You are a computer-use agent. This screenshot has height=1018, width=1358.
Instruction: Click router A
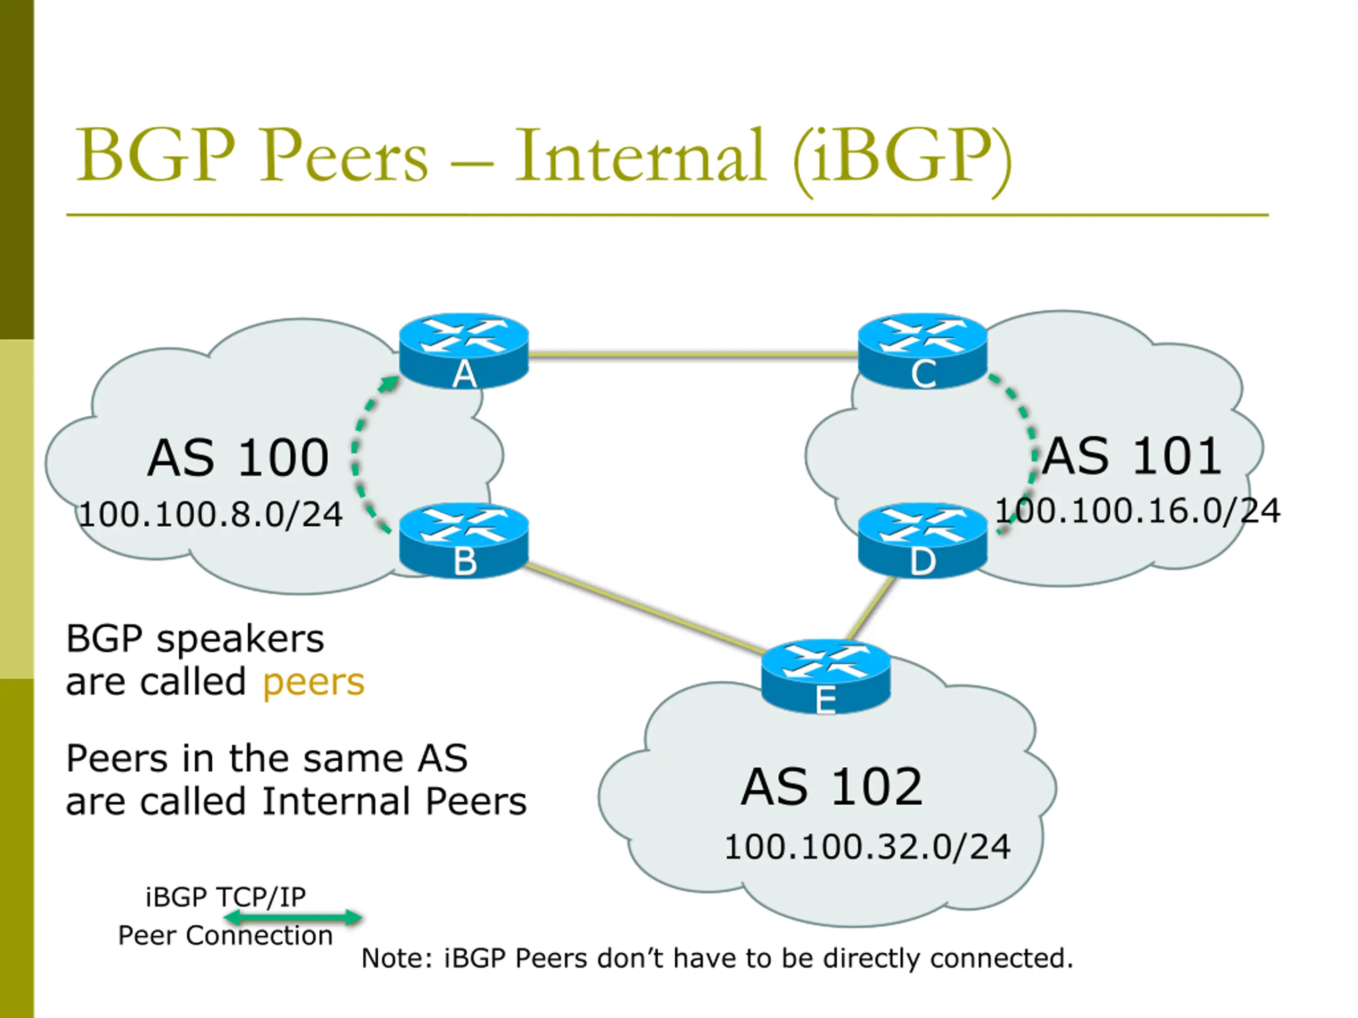tap(464, 351)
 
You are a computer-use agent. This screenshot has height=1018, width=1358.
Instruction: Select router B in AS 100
tap(464, 540)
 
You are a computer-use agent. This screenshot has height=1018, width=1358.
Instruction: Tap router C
tap(922, 351)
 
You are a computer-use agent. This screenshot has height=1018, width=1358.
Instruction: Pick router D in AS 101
tap(922, 540)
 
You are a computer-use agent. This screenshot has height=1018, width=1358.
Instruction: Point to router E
tap(826, 677)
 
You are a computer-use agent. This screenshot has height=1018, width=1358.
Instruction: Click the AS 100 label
tap(238, 458)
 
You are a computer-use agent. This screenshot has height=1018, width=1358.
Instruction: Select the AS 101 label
tap(1131, 456)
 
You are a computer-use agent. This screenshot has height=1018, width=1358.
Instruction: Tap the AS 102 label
tap(832, 787)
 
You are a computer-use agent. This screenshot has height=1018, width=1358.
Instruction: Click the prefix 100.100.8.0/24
tap(211, 514)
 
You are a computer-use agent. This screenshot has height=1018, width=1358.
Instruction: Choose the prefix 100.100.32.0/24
tap(867, 847)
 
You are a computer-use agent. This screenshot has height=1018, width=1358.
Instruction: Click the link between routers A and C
tap(693, 354)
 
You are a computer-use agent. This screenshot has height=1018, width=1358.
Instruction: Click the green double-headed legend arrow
tap(293, 917)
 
